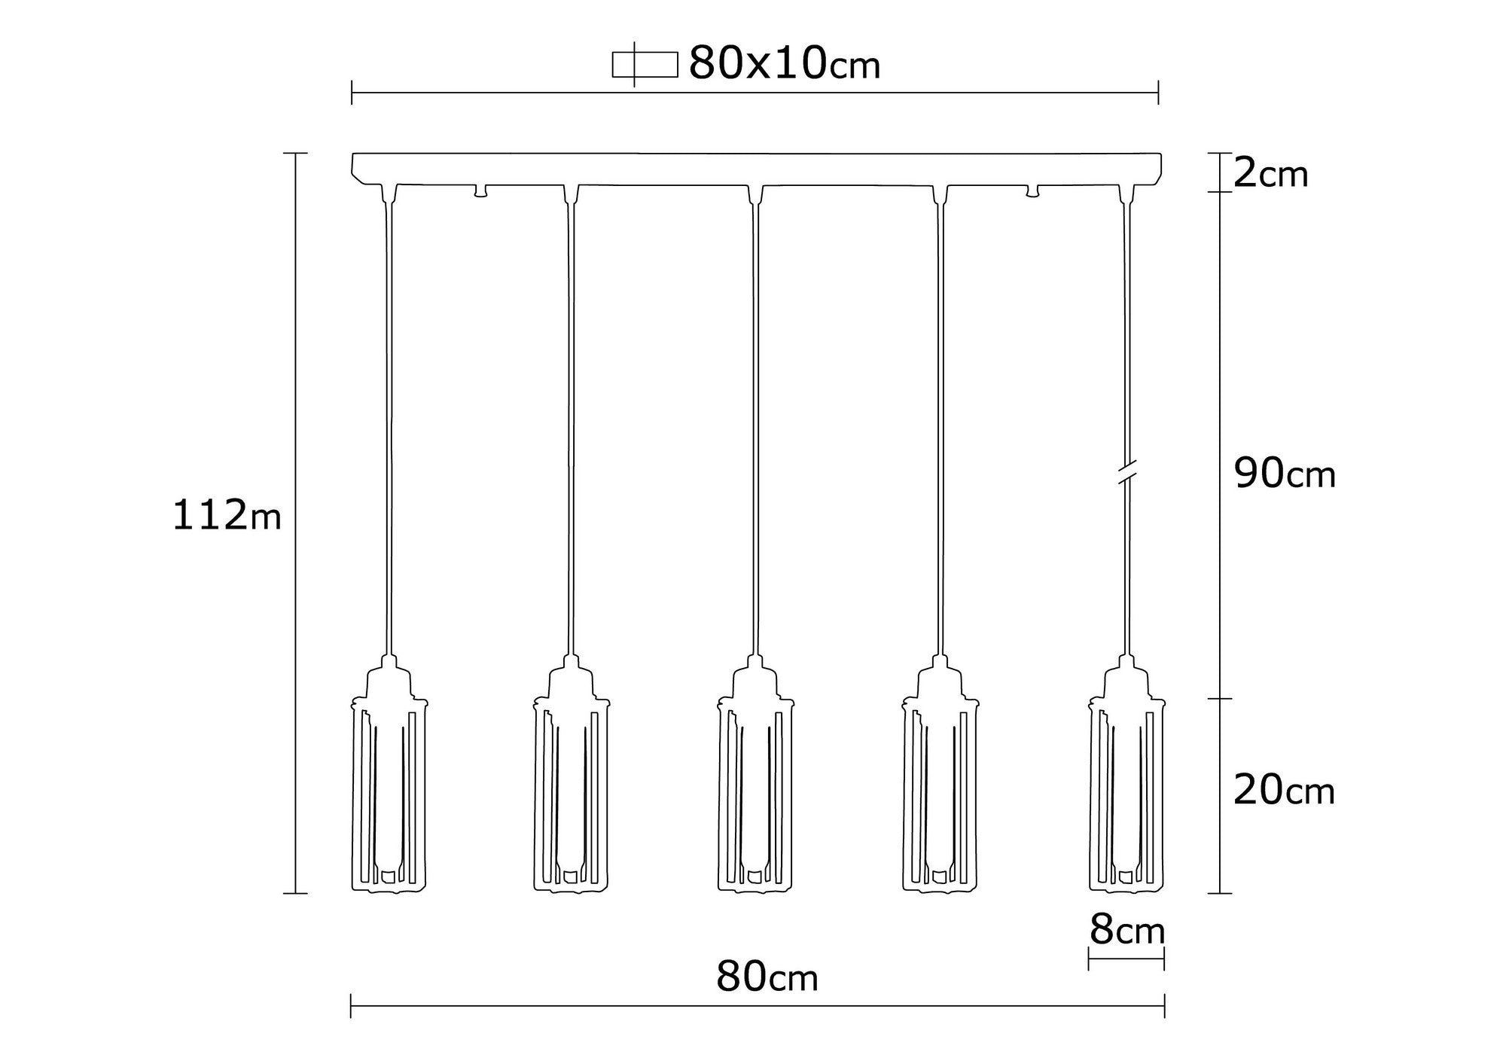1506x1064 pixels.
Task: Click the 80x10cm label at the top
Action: (x=784, y=63)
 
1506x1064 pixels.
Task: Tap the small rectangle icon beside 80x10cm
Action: (x=645, y=65)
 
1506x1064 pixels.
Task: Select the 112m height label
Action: (x=227, y=516)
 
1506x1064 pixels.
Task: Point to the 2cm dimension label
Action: (x=1271, y=175)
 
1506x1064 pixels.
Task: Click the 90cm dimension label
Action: (x=1285, y=474)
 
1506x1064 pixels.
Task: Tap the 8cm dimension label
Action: (x=1126, y=931)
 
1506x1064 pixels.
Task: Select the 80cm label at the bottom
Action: (x=767, y=977)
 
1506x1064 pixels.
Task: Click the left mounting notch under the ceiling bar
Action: (x=480, y=191)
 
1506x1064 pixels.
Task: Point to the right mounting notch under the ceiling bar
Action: (x=1033, y=191)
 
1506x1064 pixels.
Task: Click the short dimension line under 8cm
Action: (x=1126, y=959)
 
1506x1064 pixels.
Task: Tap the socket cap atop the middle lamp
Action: (x=755, y=678)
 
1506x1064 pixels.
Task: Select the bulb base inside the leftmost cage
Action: (x=389, y=875)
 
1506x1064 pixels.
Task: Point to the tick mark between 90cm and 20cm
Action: (x=1220, y=699)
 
